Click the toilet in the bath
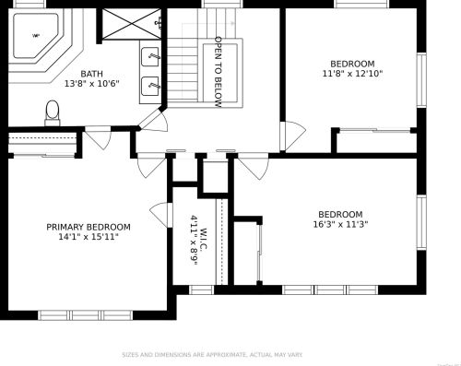click(52, 112)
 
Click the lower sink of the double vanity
click(152, 87)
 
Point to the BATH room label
click(91, 74)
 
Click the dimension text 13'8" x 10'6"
click(91, 84)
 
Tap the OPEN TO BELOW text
click(219, 72)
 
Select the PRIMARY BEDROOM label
click(89, 227)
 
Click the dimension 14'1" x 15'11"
click(89, 237)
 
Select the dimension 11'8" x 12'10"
click(351, 74)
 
